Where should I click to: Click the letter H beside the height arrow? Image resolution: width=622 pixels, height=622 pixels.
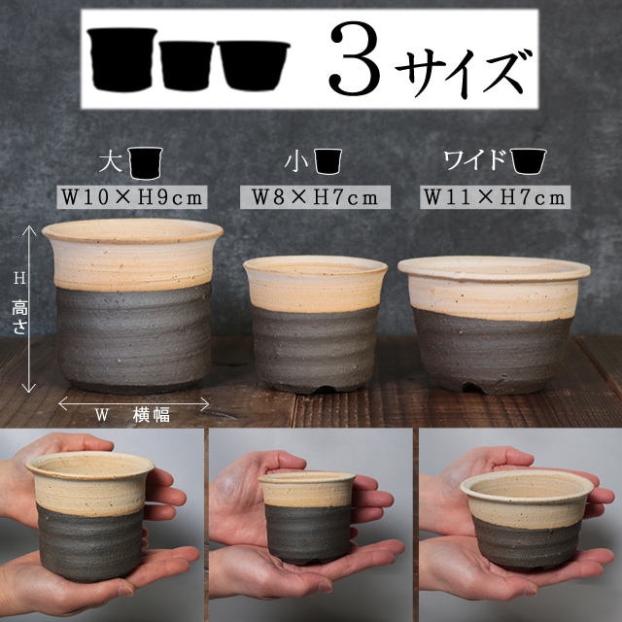click(x=18, y=278)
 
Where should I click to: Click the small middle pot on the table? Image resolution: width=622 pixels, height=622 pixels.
click(x=314, y=321)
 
